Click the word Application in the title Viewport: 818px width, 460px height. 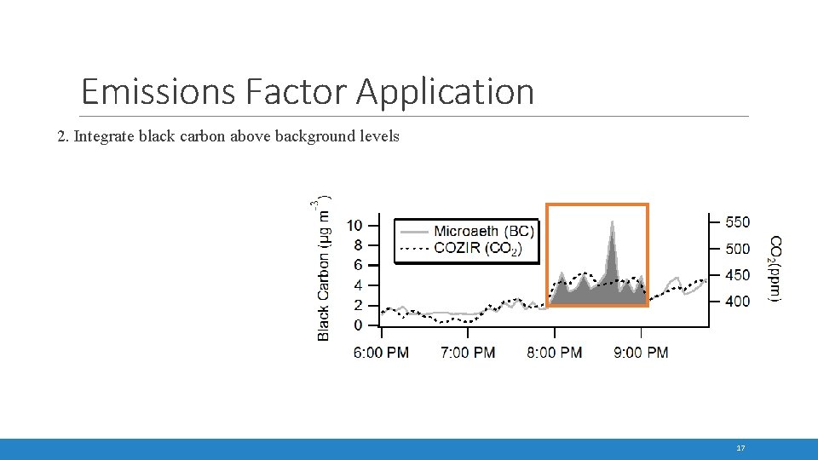click(445, 91)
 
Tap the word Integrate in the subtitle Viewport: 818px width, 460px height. click(108, 136)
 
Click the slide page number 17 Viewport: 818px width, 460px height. click(740, 448)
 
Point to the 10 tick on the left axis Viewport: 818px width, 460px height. click(354, 225)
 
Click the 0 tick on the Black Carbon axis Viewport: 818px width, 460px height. click(358, 325)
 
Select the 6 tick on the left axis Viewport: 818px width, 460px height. click(358, 265)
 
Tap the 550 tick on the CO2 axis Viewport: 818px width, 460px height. click(737, 222)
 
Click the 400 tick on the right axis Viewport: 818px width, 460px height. click(737, 301)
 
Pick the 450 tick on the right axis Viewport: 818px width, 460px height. click(737, 274)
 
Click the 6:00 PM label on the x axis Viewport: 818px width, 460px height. click(381, 353)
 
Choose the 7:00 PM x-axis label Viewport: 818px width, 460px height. click(468, 353)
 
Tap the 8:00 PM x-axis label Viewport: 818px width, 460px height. click(555, 353)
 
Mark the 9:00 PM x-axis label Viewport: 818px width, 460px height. click(641, 353)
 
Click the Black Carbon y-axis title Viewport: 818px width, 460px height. click(324, 268)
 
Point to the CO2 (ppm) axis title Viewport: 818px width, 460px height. click(776, 268)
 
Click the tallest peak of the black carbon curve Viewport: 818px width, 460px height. click(611, 223)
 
